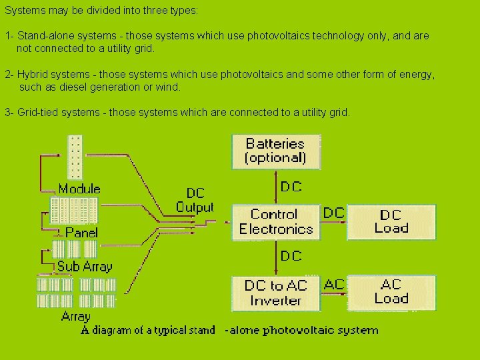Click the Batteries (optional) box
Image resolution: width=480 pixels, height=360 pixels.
point(275,151)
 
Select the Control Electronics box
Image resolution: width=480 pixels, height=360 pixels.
point(276,222)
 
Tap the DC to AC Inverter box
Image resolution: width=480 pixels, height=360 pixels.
point(276,293)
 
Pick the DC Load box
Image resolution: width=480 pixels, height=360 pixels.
point(391,222)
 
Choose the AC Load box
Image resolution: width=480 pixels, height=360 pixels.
point(391,292)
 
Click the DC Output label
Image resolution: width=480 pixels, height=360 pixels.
point(195,200)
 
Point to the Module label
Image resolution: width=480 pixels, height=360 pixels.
point(79,189)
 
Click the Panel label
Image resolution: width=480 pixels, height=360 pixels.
point(81,233)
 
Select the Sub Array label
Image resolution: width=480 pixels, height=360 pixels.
point(85,266)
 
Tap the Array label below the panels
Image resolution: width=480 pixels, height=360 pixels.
point(75,316)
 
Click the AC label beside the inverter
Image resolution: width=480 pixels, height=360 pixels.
point(334,284)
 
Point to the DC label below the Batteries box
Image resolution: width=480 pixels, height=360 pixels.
point(291,187)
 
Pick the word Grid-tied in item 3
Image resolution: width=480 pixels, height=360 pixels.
point(38,112)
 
